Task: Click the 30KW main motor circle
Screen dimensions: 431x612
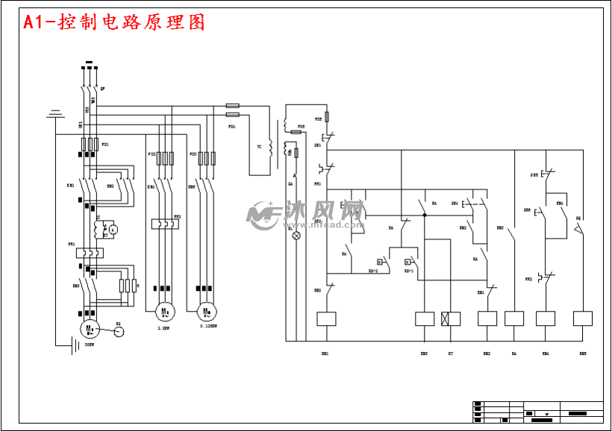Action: click(90, 328)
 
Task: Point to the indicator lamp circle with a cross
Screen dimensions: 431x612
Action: click(296, 236)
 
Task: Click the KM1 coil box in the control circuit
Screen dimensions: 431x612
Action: click(326, 319)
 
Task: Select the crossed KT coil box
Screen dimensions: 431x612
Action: click(451, 319)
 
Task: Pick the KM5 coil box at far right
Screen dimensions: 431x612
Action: click(582, 319)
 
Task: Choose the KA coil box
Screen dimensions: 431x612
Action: click(514, 319)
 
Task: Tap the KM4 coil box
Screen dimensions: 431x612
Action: click(546, 319)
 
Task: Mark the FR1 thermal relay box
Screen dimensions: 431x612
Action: click(90, 253)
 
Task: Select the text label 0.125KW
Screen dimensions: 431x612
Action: click(208, 326)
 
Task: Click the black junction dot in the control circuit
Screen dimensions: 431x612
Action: click(424, 215)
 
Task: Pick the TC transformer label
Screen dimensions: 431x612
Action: click(260, 147)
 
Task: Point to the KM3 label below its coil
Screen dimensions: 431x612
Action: click(487, 353)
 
